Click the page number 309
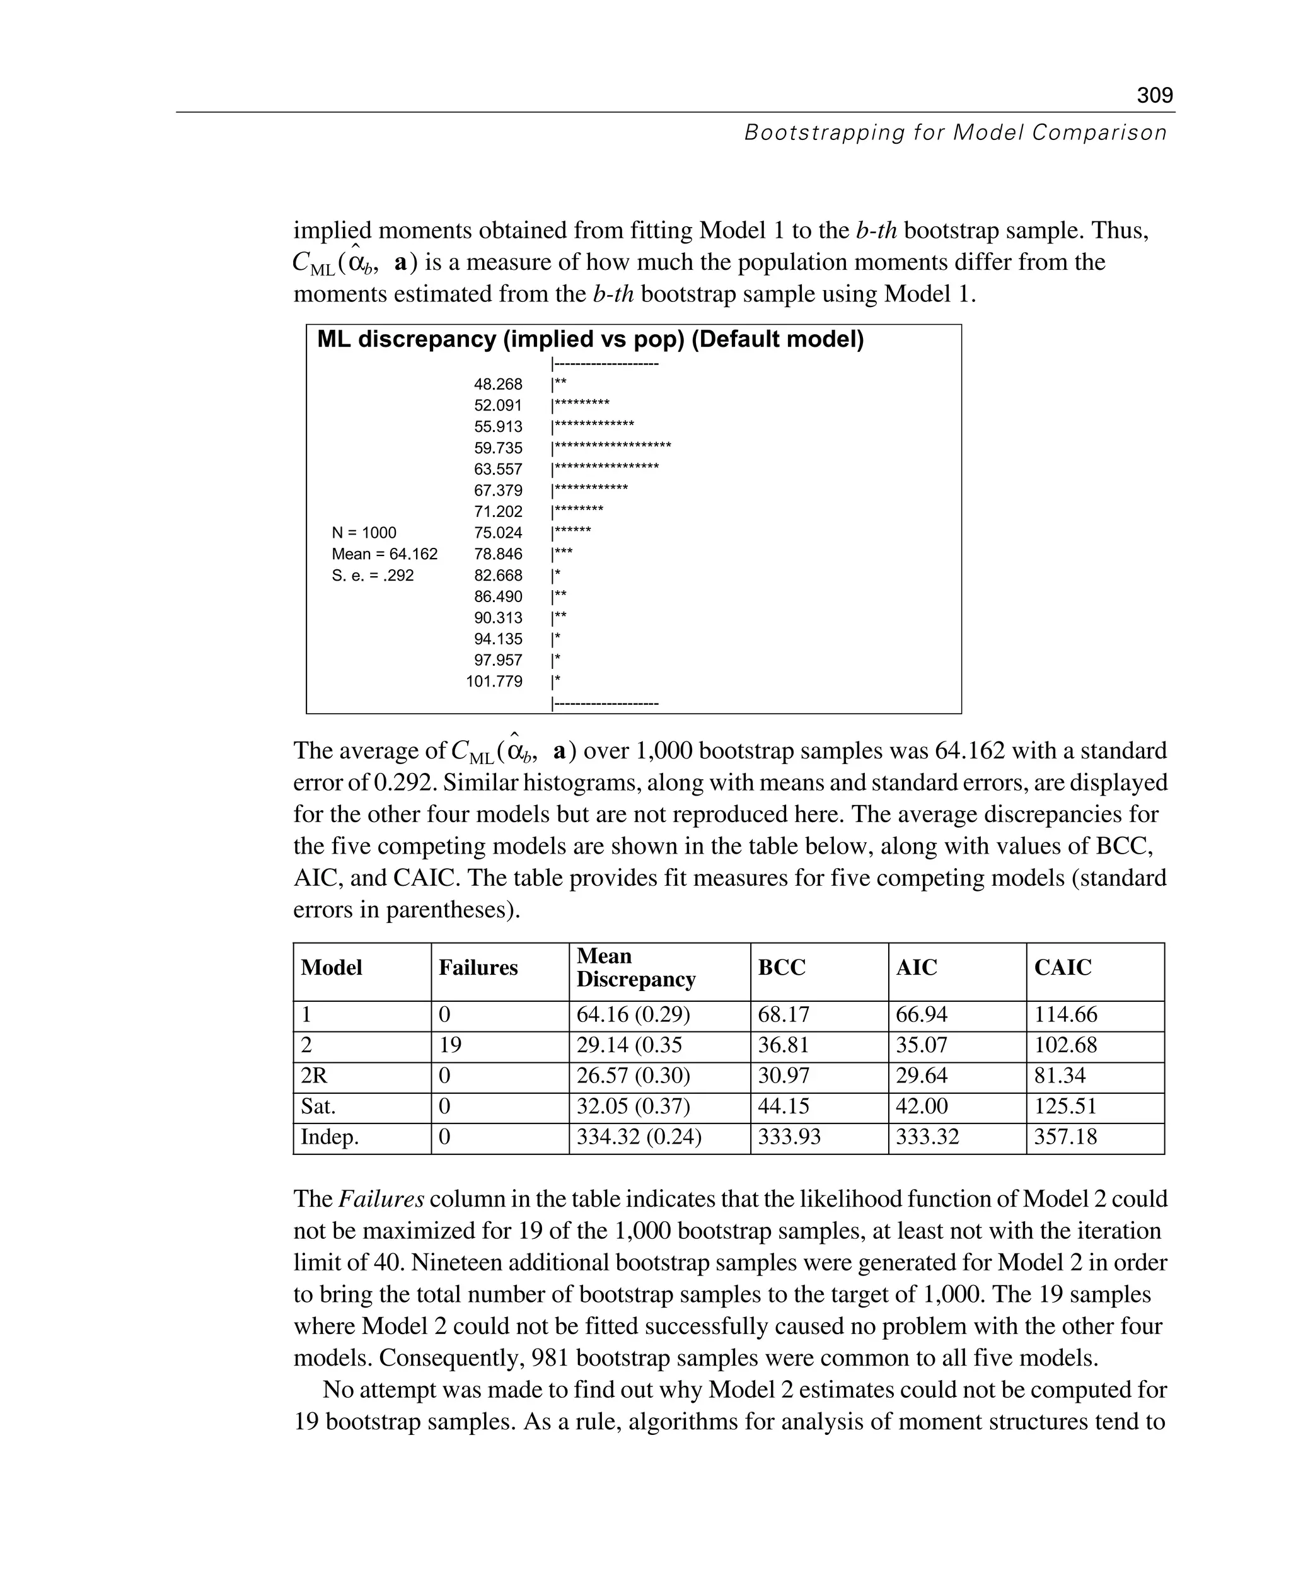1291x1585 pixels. [x=1154, y=95]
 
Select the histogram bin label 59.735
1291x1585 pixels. [x=497, y=448]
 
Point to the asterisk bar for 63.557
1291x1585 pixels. [x=605, y=468]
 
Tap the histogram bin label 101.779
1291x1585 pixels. [x=494, y=682]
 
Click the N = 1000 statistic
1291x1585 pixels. [x=364, y=533]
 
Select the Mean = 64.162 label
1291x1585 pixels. [x=385, y=554]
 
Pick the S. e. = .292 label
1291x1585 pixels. [x=372, y=575]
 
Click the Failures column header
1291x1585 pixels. [x=477, y=967]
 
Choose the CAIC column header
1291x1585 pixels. [x=1062, y=967]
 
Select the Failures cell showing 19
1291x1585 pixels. [x=449, y=1045]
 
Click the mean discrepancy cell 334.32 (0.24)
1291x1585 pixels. [x=638, y=1137]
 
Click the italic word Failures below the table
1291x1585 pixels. [x=381, y=1199]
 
